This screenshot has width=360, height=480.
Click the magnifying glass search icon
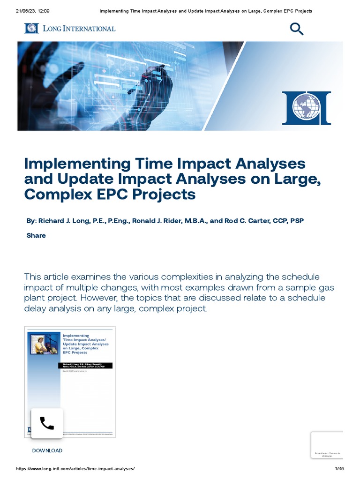[x=297, y=29]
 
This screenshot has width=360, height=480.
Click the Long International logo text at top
[x=70, y=29]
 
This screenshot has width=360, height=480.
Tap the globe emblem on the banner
[x=306, y=108]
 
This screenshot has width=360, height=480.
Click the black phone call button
[x=47, y=423]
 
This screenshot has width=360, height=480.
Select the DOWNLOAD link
[x=47, y=450]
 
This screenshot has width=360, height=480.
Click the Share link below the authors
[x=36, y=235]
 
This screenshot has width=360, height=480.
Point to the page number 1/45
[x=339, y=469]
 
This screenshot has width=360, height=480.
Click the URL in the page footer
[x=75, y=469]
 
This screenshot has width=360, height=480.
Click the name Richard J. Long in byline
[x=67, y=221]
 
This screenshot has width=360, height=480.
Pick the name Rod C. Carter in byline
[x=249, y=221]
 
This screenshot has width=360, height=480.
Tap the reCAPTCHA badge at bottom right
[x=327, y=445]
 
